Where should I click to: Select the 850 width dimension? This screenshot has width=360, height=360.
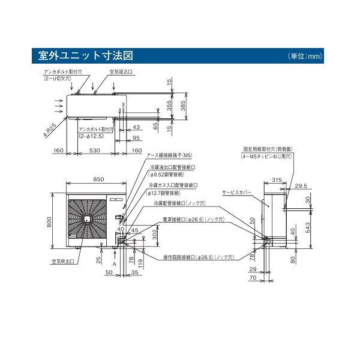pos(99,179)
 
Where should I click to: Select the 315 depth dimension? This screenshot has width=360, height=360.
pos(277,179)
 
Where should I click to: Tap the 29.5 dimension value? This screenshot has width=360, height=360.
pos(301,186)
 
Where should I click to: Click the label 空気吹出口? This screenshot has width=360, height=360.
pos(61,262)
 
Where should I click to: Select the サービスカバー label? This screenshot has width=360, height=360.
pos(236,193)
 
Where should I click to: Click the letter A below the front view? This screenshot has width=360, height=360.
pos(113,262)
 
